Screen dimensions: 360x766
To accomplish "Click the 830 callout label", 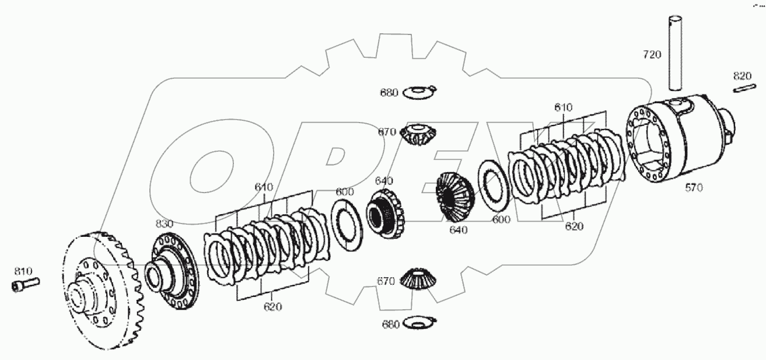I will [x=164, y=223].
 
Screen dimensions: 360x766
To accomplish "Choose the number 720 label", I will [x=652, y=55].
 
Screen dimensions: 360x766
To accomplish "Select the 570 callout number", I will [x=694, y=187].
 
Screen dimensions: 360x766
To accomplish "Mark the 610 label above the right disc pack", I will [x=563, y=107].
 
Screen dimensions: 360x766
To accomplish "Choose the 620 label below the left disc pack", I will [x=272, y=307].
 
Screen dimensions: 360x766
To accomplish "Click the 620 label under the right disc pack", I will [x=574, y=226].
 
